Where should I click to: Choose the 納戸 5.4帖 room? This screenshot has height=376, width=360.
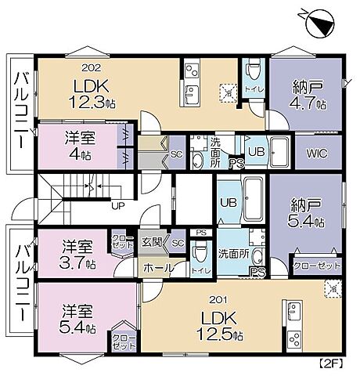tap(306, 211)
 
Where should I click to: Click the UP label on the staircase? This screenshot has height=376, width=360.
tap(118, 208)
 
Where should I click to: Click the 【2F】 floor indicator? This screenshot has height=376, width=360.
tap(332, 363)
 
